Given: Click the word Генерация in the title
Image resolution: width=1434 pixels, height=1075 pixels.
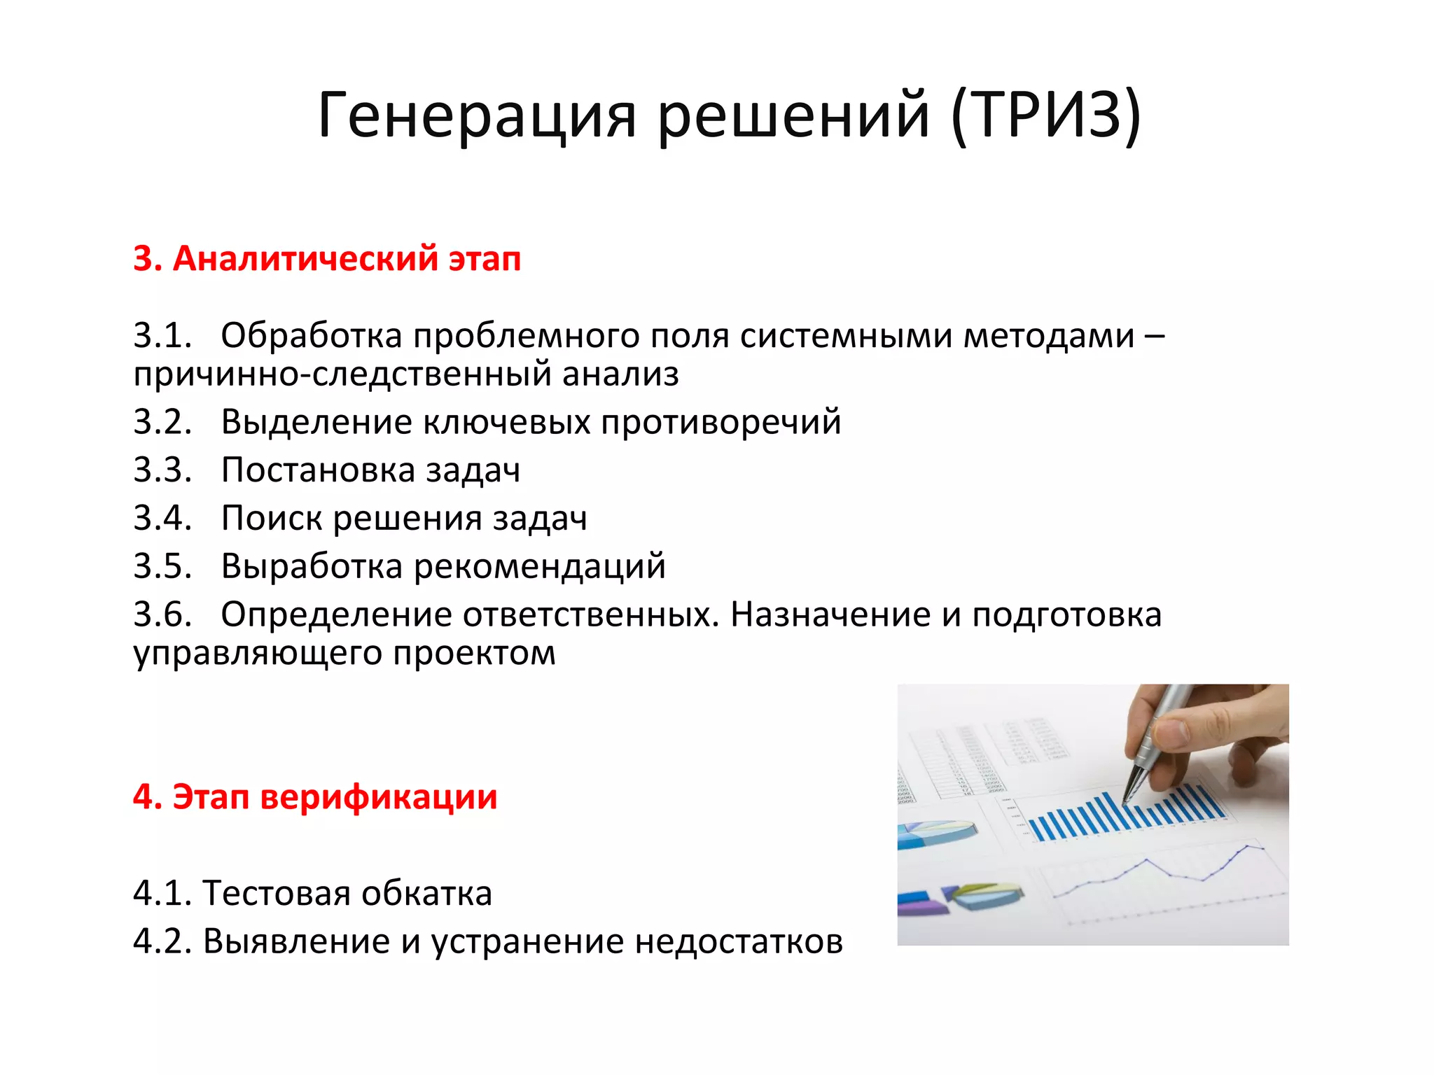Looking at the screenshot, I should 477,115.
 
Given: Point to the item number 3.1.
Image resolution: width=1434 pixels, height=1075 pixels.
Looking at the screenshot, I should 162,336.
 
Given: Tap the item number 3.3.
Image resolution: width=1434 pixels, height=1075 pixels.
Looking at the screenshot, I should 162,470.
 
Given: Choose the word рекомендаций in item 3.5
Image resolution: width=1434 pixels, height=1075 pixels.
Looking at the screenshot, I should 539,566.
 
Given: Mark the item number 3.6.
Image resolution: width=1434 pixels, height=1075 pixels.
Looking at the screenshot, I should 162,614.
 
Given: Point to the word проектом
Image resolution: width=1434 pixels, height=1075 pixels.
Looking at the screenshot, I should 474,654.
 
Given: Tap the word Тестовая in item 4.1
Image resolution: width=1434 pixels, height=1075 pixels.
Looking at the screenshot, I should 277,894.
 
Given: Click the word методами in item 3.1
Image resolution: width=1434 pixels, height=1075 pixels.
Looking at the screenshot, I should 1049,336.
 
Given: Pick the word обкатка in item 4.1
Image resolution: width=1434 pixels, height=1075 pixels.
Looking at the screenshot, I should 427,894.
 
